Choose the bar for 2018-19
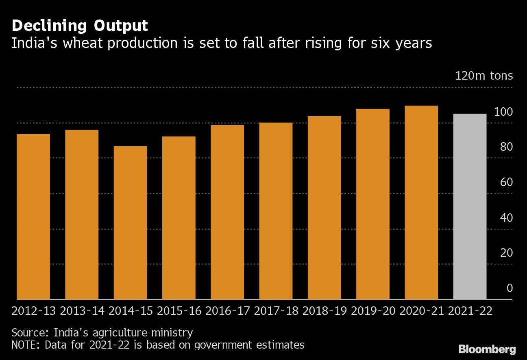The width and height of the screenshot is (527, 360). [324, 208]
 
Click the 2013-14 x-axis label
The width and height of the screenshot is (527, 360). [82, 311]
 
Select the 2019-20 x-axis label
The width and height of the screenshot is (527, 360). [373, 311]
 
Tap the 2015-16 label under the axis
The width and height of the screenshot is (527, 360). [179, 311]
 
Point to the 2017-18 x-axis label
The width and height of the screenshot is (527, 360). [276, 311]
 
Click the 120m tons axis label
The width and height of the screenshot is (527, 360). [484, 76]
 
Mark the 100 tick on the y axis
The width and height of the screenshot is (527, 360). [503, 112]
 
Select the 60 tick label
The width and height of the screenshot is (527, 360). [506, 182]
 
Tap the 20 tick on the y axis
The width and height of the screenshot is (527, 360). [506, 253]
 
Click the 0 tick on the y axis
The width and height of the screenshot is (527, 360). [510, 288]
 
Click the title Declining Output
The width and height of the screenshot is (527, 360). [80, 26]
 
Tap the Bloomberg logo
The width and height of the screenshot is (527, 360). [487, 349]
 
